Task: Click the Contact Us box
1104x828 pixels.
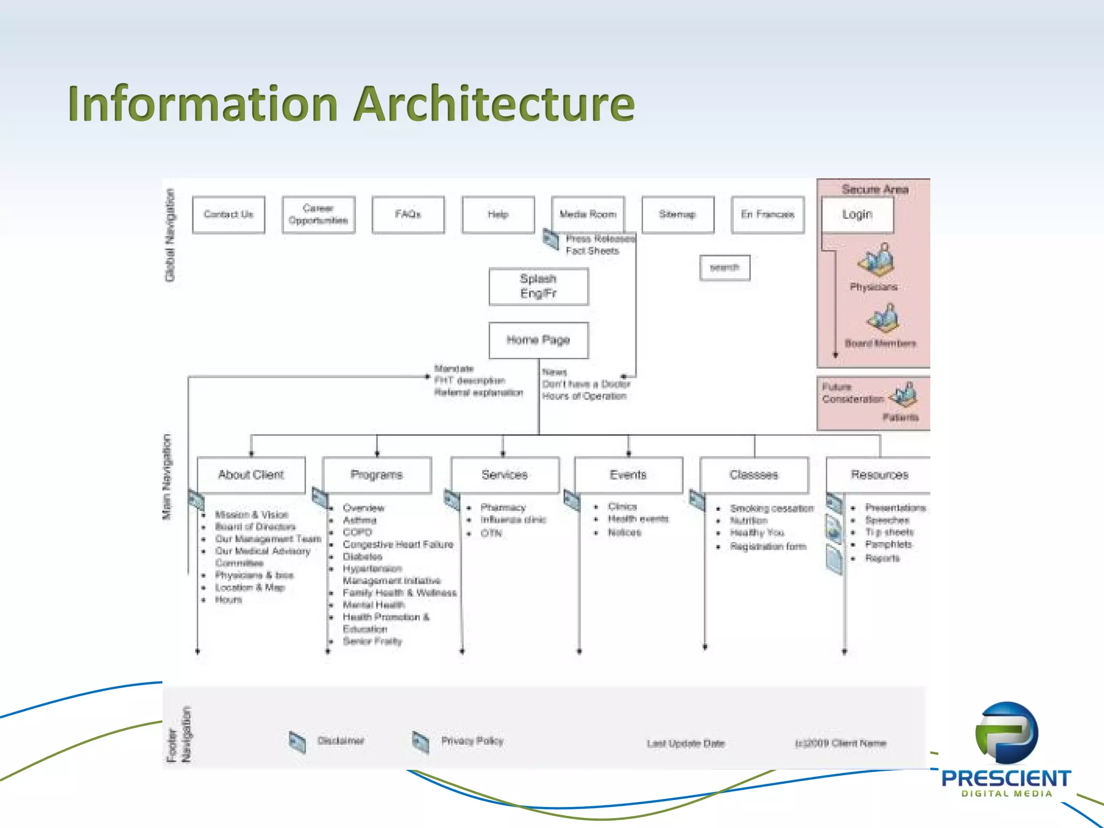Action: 229,215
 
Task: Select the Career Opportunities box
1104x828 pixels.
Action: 318,215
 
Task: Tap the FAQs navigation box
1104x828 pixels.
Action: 408,215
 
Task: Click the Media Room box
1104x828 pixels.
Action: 588,215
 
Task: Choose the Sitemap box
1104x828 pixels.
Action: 678,215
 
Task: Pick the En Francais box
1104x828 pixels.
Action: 768,215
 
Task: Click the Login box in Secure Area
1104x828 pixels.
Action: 857,215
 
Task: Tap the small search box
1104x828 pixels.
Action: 724,268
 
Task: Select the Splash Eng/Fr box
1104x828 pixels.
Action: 539,287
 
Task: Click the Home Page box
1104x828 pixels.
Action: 539,340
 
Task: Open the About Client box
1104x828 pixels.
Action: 251,475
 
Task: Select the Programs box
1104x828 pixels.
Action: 377,475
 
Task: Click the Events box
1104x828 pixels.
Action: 629,475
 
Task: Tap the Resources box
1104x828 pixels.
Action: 879,475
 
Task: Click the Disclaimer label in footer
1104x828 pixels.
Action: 341,741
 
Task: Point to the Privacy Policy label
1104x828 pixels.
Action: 472,741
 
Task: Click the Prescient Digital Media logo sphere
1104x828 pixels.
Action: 1006,733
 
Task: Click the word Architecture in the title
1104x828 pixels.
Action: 494,103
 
